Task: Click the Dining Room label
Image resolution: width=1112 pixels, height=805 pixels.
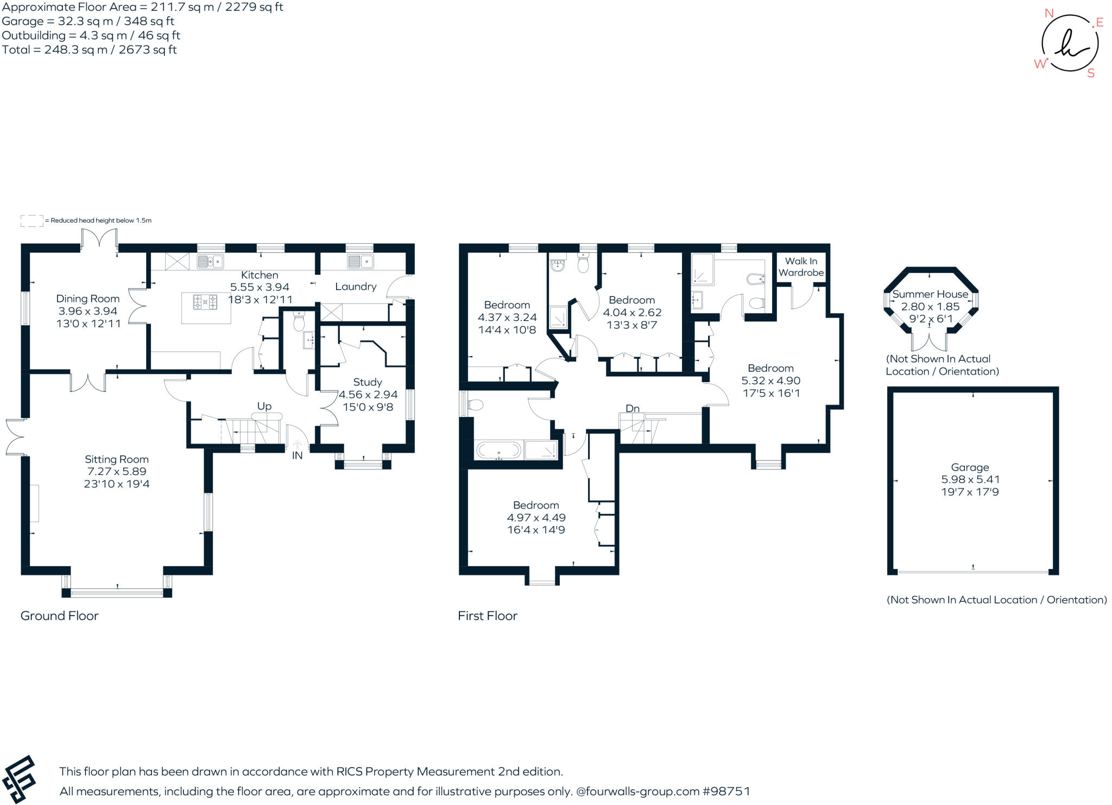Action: [87, 299]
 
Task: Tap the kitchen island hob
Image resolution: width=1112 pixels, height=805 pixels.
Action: [205, 302]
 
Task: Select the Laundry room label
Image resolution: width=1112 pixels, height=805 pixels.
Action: [356, 287]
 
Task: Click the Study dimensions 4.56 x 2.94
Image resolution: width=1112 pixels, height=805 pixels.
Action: [368, 395]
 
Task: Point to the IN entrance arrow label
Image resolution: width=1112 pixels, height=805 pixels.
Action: [297, 455]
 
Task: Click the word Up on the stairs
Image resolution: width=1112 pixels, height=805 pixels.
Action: [264, 406]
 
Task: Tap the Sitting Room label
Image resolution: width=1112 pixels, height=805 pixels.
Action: [116, 459]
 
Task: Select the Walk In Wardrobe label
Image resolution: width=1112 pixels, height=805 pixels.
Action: [801, 267]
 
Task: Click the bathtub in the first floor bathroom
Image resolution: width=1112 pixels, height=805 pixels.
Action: [498, 450]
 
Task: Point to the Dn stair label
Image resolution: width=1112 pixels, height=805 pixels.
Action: [633, 408]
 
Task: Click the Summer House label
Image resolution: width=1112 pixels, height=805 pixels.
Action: [930, 294]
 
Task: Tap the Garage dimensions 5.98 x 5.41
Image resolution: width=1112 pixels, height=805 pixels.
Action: [970, 479]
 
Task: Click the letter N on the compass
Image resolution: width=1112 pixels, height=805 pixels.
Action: [1049, 14]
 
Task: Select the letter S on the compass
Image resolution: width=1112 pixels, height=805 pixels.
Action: [1091, 74]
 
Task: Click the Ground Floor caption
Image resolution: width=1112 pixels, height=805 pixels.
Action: [60, 616]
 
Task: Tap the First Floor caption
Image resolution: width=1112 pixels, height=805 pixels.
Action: [487, 616]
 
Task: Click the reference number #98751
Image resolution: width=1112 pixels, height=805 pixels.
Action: [726, 791]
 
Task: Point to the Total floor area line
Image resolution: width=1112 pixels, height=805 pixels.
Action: [90, 50]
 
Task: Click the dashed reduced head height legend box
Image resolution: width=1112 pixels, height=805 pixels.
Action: [31, 220]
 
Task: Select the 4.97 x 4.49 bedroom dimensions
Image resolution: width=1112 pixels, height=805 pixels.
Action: [536, 517]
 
